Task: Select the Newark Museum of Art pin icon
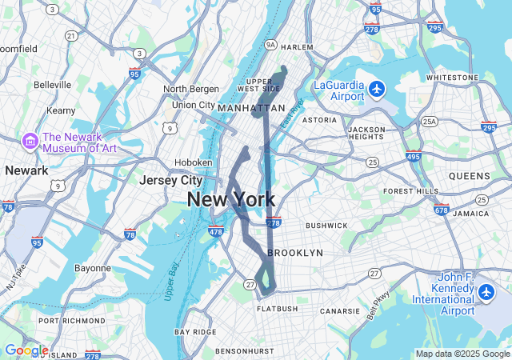pos(31,141)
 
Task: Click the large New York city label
pos(231,200)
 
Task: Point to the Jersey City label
pos(171,181)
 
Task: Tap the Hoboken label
pos(194,162)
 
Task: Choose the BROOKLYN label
pos(295,253)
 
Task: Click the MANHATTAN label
pos(251,107)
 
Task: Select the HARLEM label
pos(297,47)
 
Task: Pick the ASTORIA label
pos(319,120)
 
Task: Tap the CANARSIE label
pos(340,310)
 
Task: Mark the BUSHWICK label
pos(326,226)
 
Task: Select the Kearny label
pos(61,110)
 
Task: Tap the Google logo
pos(26,350)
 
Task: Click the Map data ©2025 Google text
pos(462,354)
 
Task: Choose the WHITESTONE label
pos(452,78)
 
